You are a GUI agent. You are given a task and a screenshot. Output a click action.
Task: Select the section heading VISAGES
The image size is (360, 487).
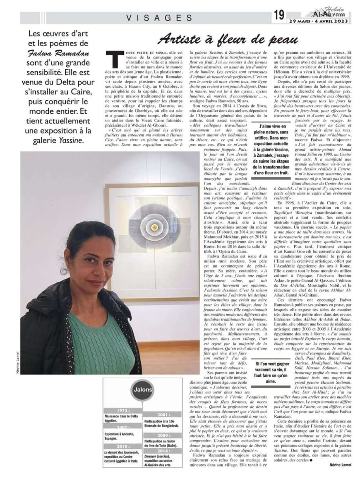159,17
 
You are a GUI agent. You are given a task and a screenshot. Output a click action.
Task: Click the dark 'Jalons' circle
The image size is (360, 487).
142,389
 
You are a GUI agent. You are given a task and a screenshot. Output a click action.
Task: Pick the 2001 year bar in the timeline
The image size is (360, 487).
162,414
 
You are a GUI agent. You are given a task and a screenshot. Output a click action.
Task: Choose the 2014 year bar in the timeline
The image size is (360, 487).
162,450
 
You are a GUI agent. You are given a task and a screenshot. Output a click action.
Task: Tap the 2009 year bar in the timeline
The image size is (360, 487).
162,435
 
